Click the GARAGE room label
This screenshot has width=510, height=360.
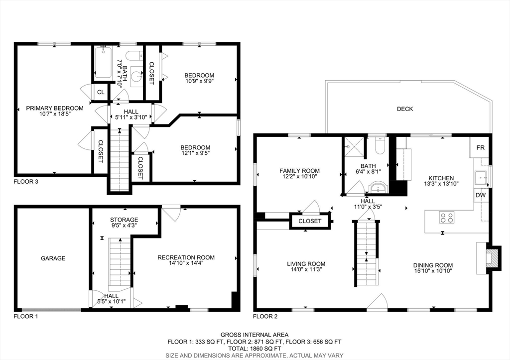click(53, 258)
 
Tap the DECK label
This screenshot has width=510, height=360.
click(405, 109)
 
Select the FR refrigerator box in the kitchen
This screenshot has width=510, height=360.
click(480, 147)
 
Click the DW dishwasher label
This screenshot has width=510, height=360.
click(481, 195)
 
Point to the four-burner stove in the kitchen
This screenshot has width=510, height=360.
click(447, 217)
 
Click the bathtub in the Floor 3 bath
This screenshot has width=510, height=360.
click(103, 62)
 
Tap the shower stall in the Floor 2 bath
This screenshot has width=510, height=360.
click(354, 147)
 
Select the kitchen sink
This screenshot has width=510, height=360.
click(481, 178)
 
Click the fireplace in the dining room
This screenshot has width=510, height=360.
click(488, 257)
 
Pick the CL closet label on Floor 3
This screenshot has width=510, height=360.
click(101, 92)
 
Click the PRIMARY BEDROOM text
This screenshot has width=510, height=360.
click(55, 108)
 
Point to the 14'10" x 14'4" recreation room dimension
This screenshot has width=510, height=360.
click(186, 263)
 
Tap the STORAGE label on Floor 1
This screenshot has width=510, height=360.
click(124, 220)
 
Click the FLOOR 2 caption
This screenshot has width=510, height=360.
click(265, 316)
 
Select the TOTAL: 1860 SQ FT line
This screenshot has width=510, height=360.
click(255, 349)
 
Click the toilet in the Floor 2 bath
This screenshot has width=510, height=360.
click(380, 146)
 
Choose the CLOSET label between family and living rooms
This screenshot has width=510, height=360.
click(310, 221)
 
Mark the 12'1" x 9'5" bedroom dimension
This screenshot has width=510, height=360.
click(195, 152)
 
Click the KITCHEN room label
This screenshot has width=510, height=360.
click(441, 178)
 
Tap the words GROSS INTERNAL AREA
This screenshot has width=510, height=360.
click(255, 335)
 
